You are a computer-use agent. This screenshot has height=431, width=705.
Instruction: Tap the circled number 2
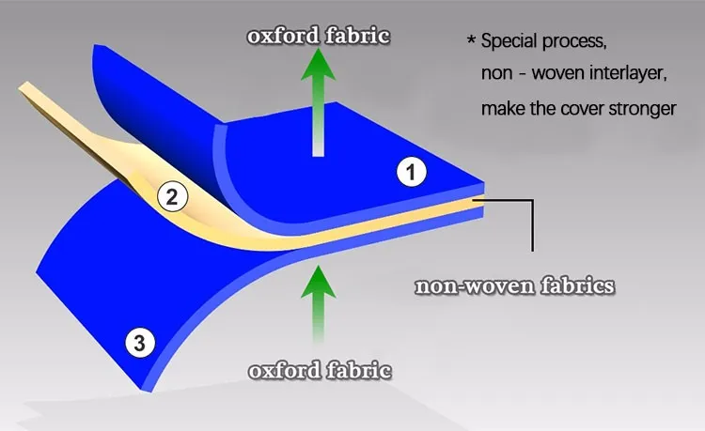pyautogui.click(x=171, y=197)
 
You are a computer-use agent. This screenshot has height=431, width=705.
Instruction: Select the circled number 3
pyautogui.click(x=139, y=344)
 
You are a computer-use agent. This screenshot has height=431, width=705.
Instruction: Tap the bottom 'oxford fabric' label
pyautogui.click(x=320, y=371)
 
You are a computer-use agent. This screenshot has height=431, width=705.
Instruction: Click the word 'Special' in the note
pyautogui.click(x=512, y=42)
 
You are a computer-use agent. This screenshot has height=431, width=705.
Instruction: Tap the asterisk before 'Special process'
pyautogui.click(x=471, y=42)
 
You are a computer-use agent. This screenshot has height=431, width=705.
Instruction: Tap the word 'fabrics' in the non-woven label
pyautogui.click(x=579, y=286)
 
